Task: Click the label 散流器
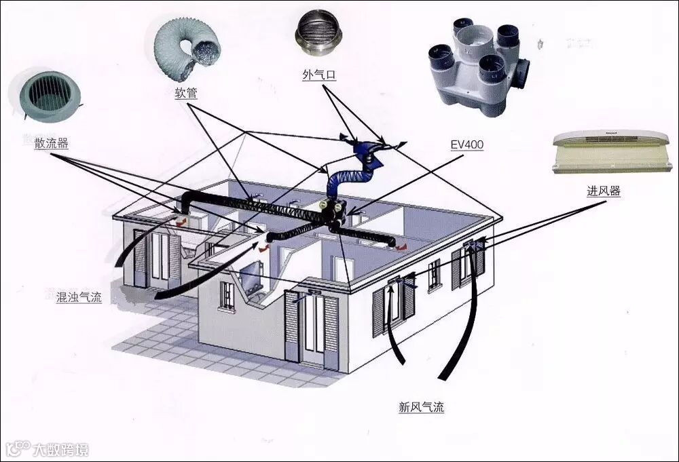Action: pos(51,143)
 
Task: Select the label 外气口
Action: pos(319,75)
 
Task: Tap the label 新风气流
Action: pos(421,407)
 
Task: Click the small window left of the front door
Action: pos(227,294)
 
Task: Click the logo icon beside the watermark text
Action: pos(18,448)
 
